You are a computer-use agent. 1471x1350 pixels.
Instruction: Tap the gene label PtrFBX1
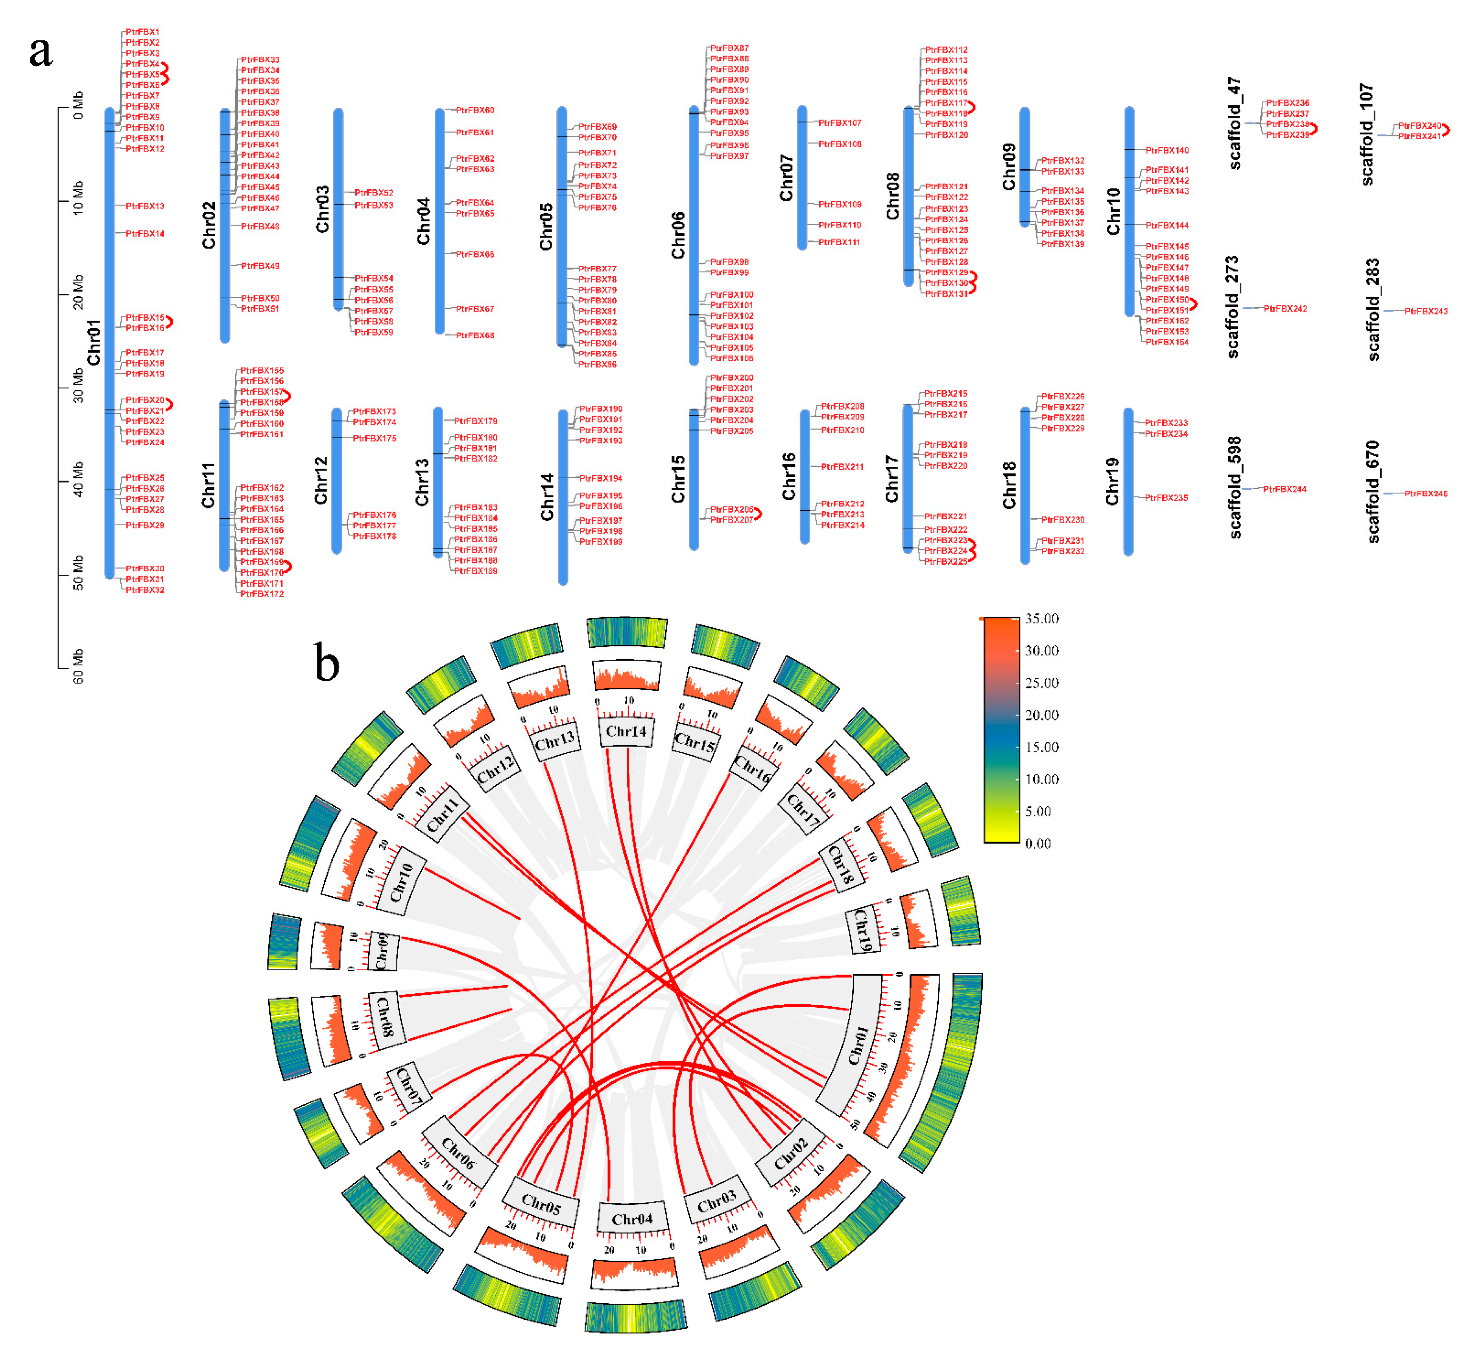pos(142,32)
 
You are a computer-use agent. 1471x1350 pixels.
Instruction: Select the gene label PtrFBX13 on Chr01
pos(145,206)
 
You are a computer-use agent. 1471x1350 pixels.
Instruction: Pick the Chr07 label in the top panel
pos(786,177)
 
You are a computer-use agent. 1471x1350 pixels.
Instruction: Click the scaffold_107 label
pos(1367,135)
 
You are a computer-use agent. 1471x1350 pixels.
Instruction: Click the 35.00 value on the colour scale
pos(1041,619)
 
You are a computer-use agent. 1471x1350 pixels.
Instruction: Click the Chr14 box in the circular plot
pos(626,731)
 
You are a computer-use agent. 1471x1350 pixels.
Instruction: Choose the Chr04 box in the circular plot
pos(632,1219)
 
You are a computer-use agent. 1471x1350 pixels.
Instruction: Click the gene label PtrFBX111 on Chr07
pos(839,242)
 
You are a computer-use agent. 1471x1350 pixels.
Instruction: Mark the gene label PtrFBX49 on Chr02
pos(260,266)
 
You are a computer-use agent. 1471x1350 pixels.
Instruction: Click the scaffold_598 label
pos(1234,487)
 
